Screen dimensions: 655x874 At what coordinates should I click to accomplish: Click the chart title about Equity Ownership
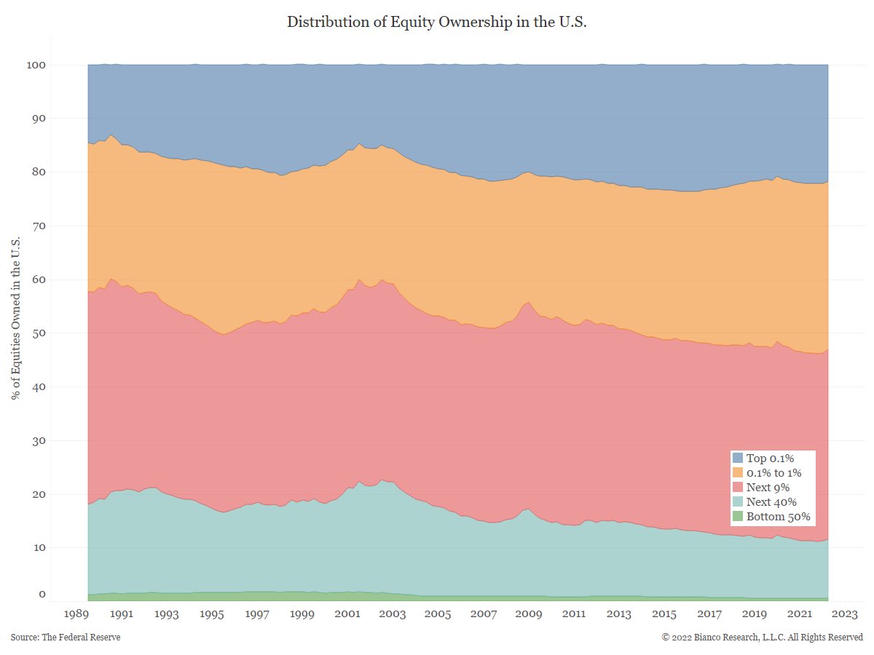[x=437, y=22]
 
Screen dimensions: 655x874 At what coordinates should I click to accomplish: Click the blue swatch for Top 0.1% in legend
[x=738, y=458]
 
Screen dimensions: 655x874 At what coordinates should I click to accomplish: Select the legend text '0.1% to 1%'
[x=775, y=473]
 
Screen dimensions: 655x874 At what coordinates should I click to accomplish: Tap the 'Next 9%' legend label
[x=768, y=488]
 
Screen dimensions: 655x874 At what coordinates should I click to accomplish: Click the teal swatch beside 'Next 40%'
[x=738, y=502]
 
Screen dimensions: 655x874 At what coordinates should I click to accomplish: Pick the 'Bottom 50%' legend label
[x=778, y=517]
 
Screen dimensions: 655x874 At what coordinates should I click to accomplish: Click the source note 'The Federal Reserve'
[x=66, y=638]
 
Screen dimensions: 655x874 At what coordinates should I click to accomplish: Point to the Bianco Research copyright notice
[x=762, y=638]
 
